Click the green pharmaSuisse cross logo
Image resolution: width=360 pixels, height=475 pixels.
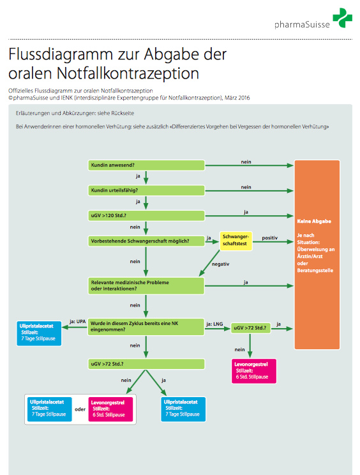[342, 18]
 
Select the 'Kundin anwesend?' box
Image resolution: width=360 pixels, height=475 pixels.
[146, 165]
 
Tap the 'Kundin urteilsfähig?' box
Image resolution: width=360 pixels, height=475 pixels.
[146, 190]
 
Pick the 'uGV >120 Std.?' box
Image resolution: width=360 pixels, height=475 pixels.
[146, 216]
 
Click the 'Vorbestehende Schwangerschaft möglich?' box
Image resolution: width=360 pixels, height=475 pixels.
[146, 241]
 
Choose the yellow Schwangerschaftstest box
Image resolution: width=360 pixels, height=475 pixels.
[236, 241]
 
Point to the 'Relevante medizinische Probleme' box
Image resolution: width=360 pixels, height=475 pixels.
[146, 285]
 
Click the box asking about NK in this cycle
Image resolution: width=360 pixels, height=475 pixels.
[146, 327]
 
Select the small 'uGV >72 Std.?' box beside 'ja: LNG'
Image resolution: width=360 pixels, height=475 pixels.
[251, 328]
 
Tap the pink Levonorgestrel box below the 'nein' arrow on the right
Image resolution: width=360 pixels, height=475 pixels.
[254, 371]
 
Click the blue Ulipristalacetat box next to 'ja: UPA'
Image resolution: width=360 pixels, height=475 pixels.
[39, 333]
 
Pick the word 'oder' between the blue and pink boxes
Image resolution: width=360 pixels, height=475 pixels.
[80, 409]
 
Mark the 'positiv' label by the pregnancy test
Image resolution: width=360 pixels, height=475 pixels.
[270, 237]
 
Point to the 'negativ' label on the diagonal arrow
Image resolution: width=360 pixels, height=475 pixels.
[220, 264]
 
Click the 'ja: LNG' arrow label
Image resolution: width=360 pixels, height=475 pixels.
[214, 324]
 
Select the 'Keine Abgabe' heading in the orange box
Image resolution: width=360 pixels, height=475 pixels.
[314, 221]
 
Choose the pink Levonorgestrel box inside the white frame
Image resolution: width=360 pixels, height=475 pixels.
[110, 409]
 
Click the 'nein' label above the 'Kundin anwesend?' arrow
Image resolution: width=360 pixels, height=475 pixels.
[246, 162]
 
